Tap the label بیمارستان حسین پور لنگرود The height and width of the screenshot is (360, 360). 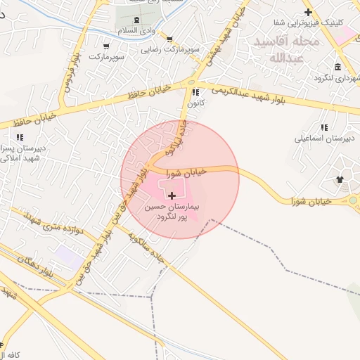pyautogui.click(x=173, y=214)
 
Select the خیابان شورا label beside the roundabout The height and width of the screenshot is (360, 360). pyautogui.click(x=311, y=202)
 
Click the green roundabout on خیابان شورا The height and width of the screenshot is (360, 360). pyautogui.click(x=352, y=202)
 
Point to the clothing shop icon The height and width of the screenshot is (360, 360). pyautogui.click(x=341, y=179)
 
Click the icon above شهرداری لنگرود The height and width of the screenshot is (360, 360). pyautogui.click(x=338, y=67)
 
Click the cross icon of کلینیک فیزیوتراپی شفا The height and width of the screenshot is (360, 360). pyautogui.click(x=307, y=12)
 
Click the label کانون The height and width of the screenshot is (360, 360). pyautogui.click(x=195, y=103)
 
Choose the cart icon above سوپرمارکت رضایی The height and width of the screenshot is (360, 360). pyautogui.click(x=169, y=39)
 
